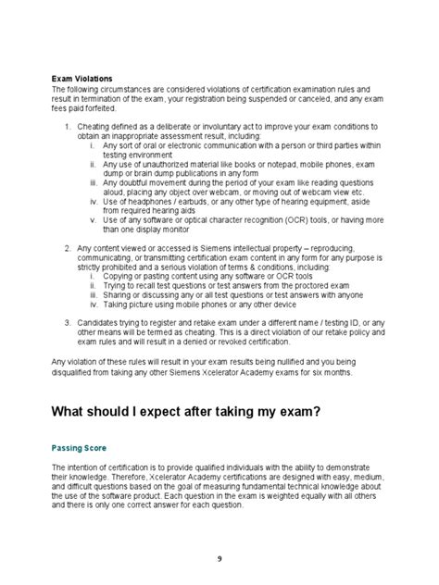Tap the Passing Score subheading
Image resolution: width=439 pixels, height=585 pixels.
tap(80, 447)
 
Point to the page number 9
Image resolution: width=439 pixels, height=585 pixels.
tap(219, 558)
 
